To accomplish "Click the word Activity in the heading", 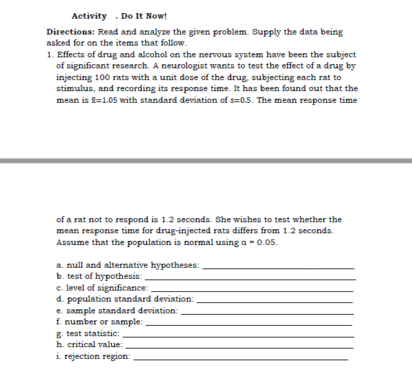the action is pyautogui.click(x=89, y=16).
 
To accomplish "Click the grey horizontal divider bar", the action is pyautogui.click(x=206, y=161).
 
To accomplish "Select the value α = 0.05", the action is pyautogui.click(x=258, y=242).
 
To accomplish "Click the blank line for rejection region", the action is pyautogui.click(x=241, y=359).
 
